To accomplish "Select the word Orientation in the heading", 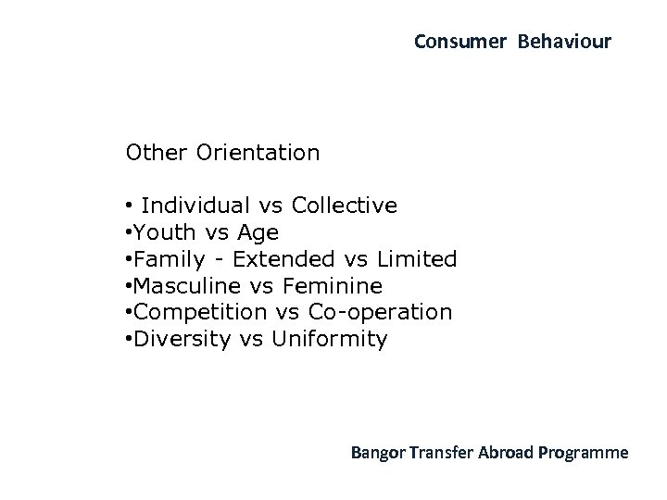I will [x=258, y=152].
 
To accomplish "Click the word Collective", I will [x=344, y=205].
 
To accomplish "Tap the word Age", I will [x=257, y=232].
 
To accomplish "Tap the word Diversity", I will [x=182, y=339].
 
